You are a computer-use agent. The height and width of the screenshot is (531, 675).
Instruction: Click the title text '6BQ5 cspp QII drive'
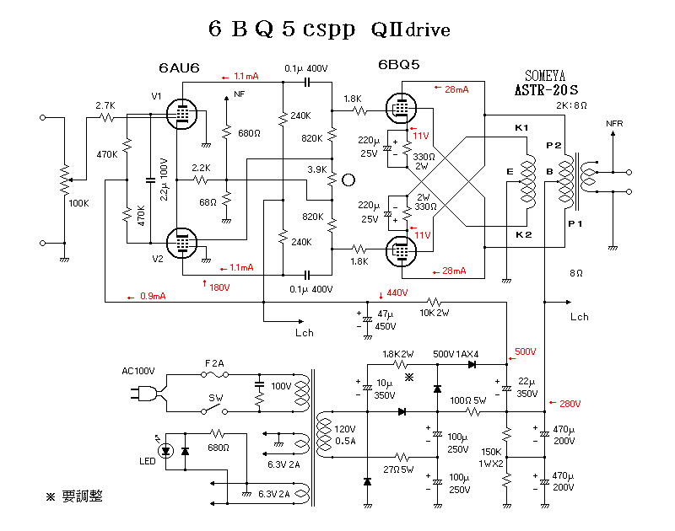(x=329, y=29)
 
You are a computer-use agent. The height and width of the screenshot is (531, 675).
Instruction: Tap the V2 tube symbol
(x=180, y=242)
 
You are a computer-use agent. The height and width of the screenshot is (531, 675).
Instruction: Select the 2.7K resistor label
(x=105, y=105)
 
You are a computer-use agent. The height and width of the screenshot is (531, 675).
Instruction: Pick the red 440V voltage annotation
(x=397, y=293)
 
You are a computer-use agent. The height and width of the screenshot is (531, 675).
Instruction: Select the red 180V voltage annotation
(x=220, y=287)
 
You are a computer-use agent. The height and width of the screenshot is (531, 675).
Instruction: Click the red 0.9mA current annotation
(x=153, y=296)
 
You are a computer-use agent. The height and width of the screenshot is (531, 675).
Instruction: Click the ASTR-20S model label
(x=546, y=89)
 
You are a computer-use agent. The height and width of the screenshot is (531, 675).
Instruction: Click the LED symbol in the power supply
(x=166, y=450)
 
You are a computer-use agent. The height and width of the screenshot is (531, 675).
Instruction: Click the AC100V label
(x=141, y=371)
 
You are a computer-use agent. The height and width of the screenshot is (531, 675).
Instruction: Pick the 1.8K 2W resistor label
(x=398, y=354)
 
